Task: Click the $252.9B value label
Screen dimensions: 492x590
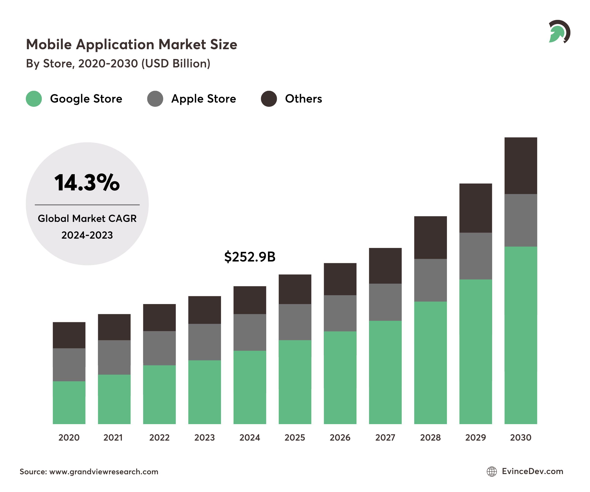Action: tap(250, 257)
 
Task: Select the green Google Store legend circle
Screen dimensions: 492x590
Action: tap(34, 99)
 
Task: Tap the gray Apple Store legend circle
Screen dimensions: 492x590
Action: tap(155, 99)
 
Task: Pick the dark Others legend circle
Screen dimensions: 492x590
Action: tap(269, 99)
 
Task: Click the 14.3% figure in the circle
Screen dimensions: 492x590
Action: tap(87, 183)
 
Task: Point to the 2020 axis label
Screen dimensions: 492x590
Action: tap(69, 437)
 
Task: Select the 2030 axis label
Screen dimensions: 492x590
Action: tap(520, 437)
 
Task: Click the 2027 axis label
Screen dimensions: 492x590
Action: tap(385, 437)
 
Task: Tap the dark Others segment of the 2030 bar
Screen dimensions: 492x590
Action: tap(520, 166)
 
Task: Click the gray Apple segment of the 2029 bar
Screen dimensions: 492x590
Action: tap(475, 256)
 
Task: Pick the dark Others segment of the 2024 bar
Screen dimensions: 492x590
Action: tap(250, 300)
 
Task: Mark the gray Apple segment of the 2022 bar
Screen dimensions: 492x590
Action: tap(159, 348)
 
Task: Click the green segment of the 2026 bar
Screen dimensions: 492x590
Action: tap(340, 378)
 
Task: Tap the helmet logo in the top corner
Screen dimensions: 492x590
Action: tap(559, 32)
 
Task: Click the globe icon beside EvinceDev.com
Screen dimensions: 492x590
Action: tap(492, 472)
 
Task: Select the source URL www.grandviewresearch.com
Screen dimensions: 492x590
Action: tap(104, 472)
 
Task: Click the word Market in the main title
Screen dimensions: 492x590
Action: tap(182, 45)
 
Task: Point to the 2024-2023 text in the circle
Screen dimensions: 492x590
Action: tap(87, 235)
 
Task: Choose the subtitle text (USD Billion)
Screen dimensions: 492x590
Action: tap(176, 63)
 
